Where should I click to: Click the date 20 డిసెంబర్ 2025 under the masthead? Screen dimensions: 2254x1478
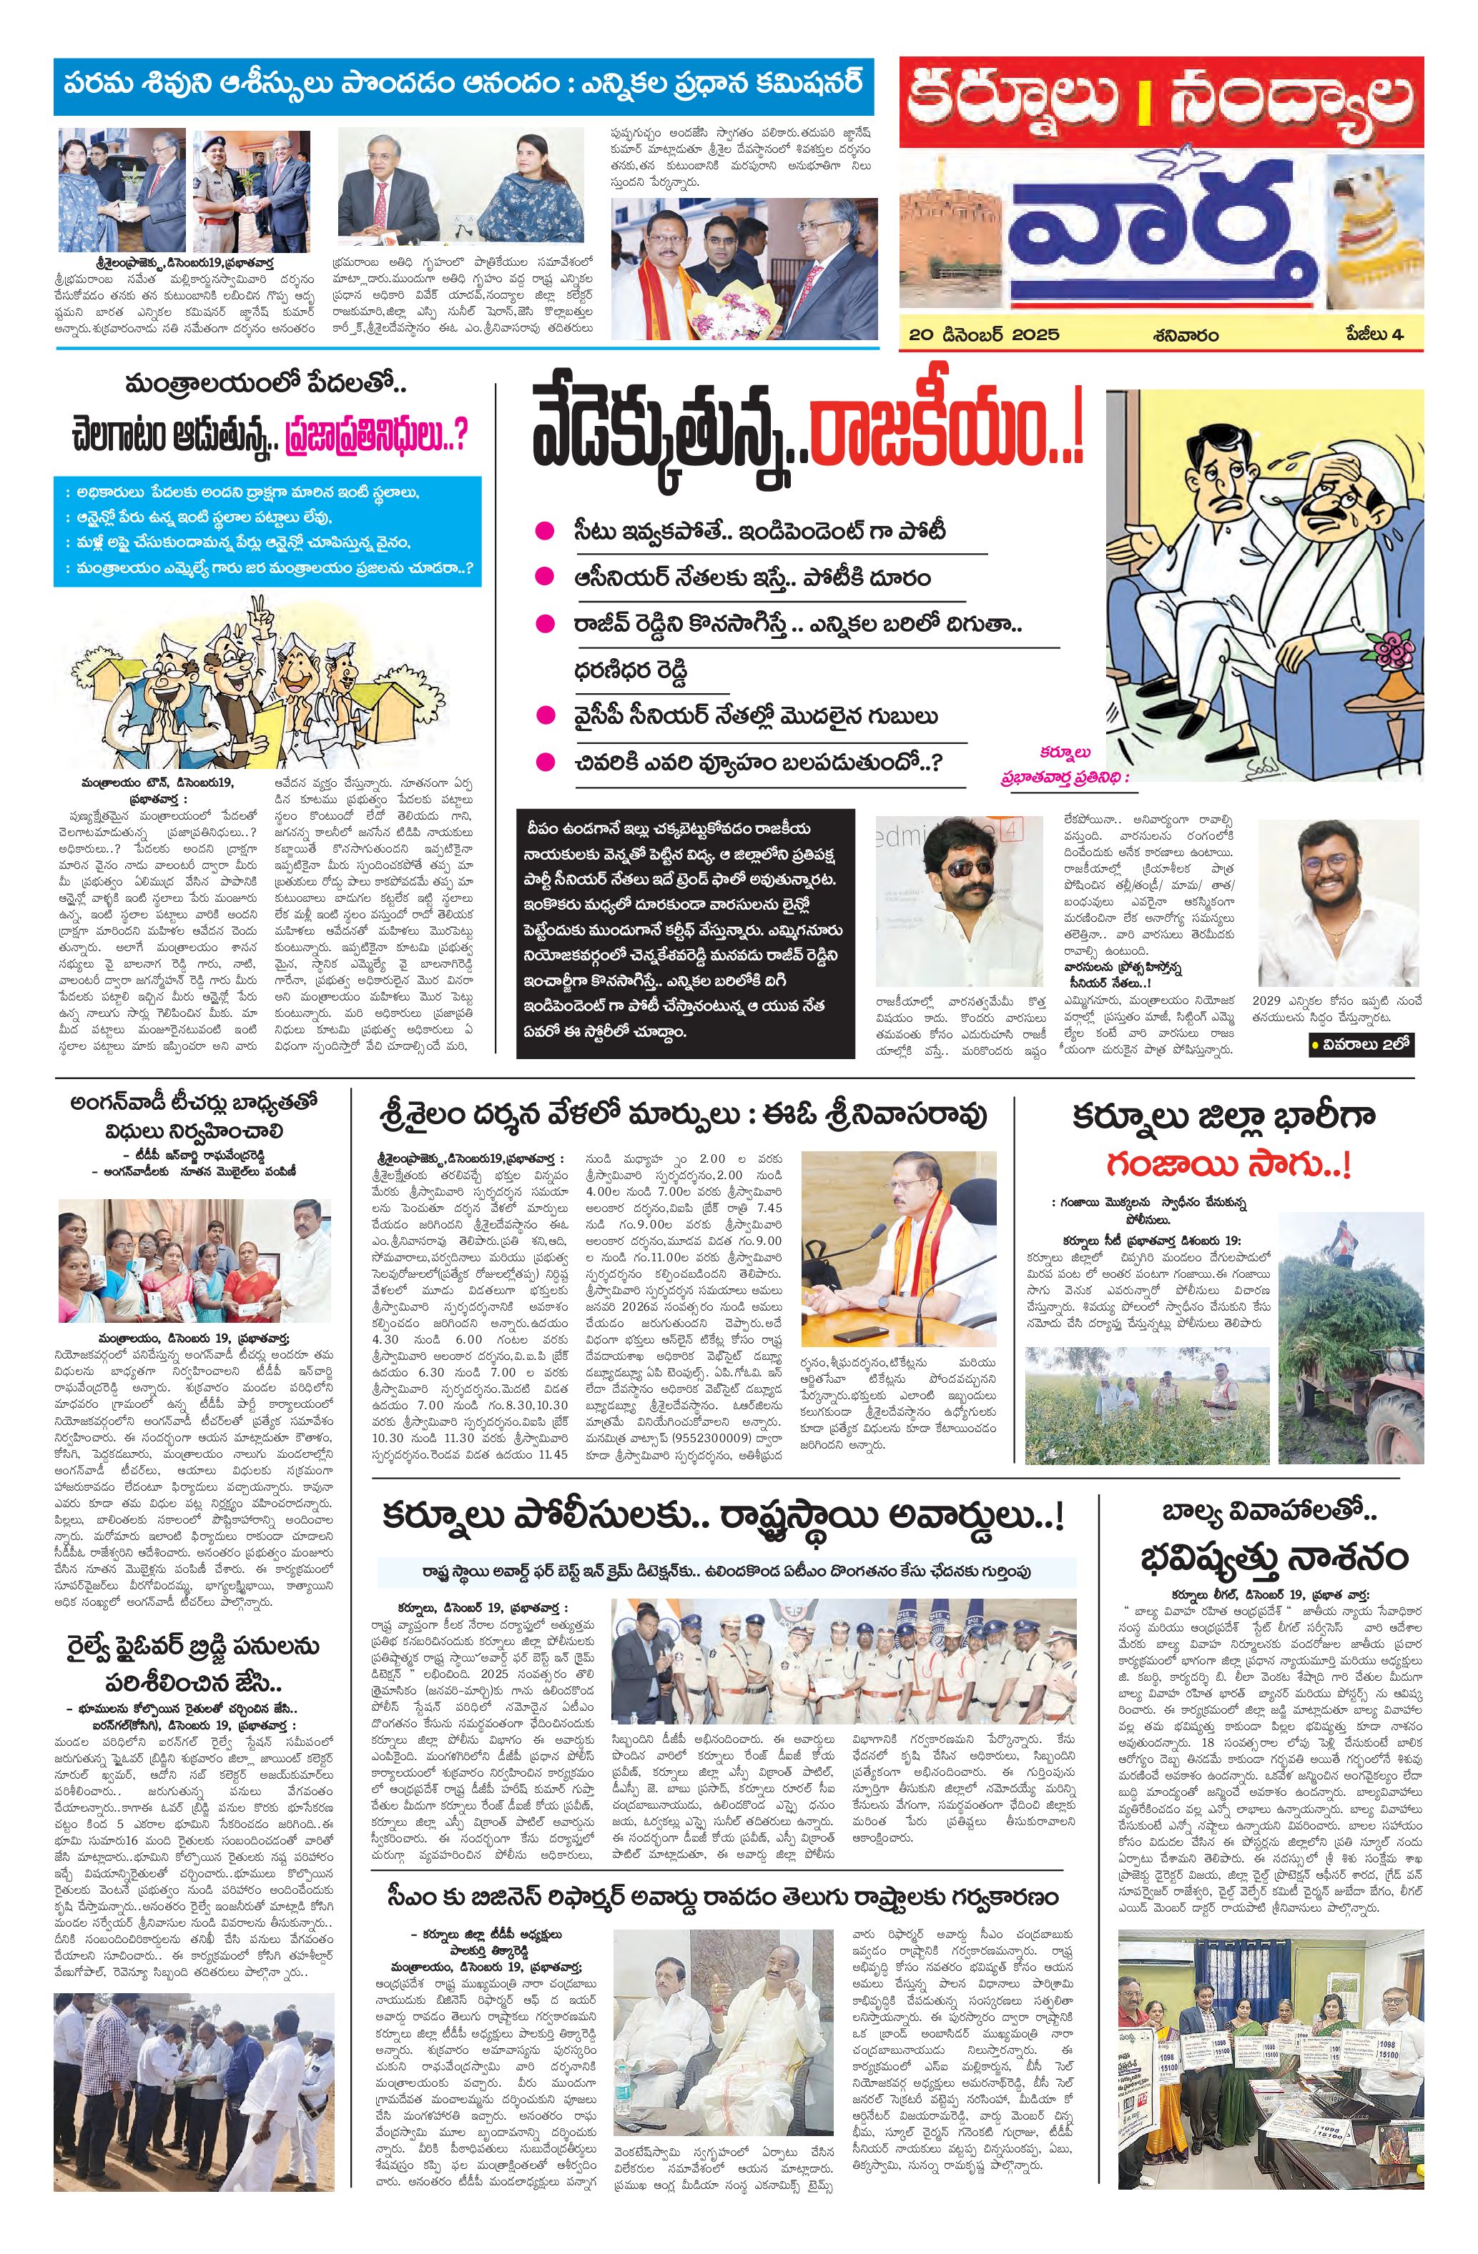[x=982, y=335]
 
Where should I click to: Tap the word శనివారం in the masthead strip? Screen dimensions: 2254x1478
[x=1186, y=335]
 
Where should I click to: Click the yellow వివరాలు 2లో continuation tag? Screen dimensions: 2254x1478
[x=1361, y=1046]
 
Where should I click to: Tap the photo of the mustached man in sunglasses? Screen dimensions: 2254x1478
[x=959, y=900]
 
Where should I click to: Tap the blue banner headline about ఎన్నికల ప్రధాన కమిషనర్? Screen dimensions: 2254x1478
[x=463, y=84]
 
